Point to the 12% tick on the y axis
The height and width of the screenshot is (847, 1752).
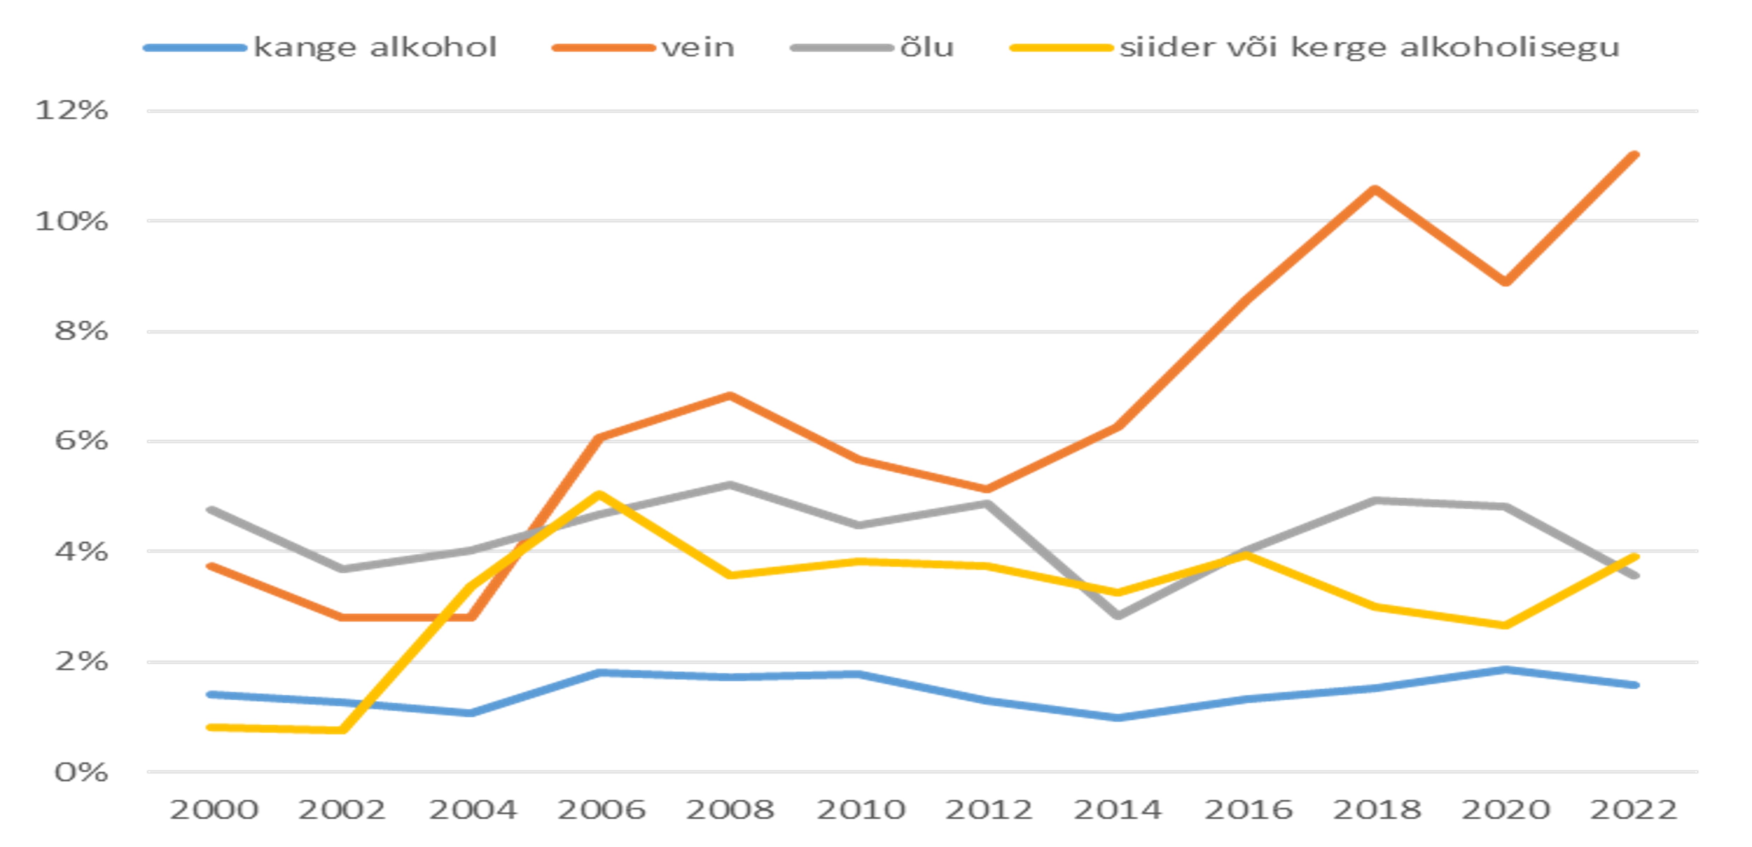pyautogui.click(x=71, y=110)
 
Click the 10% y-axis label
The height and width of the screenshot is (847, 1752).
pyautogui.click(x=71, y=221)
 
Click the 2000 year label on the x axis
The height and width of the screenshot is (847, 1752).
pyautogui.click(x=213, y=810)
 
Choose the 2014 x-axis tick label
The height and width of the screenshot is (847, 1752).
pyautogui.click(x=1117, y=810)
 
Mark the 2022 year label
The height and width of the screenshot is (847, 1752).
pyautogui.click(x=1634, y=810)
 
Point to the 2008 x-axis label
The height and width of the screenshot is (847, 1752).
pyautogui.click(x=730, y=810)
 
